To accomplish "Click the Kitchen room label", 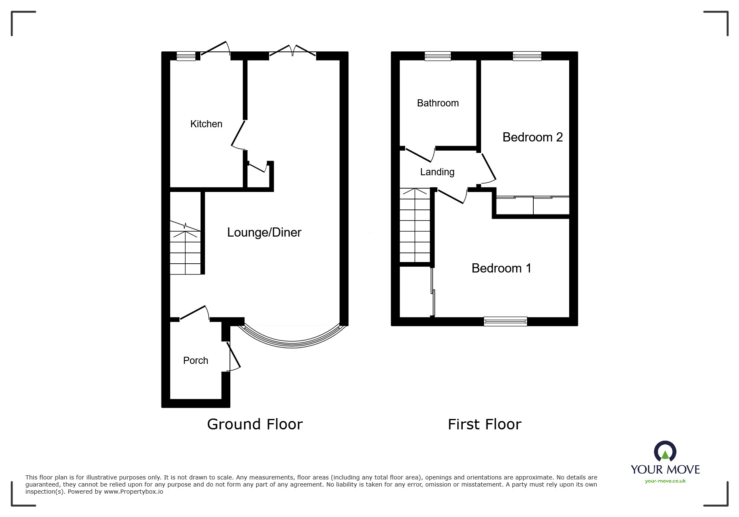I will (x=206, y=124).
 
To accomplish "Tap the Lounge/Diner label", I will (x=264, y=232).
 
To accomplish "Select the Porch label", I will (x=195, y=361).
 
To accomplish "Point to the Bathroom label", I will (x=438, y=103).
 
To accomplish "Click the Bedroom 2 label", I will (x=532, y=137).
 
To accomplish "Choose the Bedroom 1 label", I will (x=501, y=268).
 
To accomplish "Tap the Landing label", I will (x=437, y=172).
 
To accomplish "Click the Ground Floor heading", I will (x=255, y=424).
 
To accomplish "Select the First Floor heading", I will (x=484, y=424).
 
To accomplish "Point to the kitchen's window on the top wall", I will (x=186, y=56).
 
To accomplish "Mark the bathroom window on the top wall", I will (x=438, y=56).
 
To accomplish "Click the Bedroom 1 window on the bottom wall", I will (x=505, y=321).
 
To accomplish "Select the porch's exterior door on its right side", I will (x=233, y=356).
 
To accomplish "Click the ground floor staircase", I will (x=185, y=248).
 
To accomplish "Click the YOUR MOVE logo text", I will (x=665, y=469).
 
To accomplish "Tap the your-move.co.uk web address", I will (x=665, y=481).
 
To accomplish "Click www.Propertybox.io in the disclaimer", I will (x=133, y=492).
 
